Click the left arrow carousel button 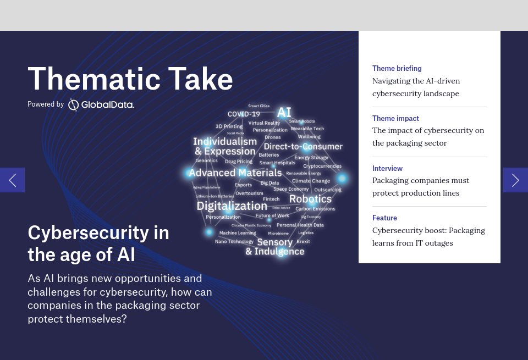[x=12, y=180]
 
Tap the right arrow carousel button [x=515, y=180]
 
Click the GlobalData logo [x=101, y=104]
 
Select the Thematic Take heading [x=130, y=79]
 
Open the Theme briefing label [x=397, y=69]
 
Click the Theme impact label [x=395, y=118]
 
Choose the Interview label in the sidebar [x=387, y=168]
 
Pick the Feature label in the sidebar [x=384, y=218]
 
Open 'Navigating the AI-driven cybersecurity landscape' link [x=416, y=87]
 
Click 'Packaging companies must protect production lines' [x=421, y=187]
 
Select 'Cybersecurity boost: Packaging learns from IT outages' [x=428, y=237]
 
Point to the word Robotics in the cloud [x=310, y=199]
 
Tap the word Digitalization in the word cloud [x=232, y=206]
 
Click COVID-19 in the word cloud [x=244, y=114]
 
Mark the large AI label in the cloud [x=284, y=113]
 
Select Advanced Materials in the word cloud [x=235, y=173]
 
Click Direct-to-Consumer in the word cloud [x=303, y=147]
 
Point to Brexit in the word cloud [x=303, y=241]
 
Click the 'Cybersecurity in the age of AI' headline [x=98, y=243]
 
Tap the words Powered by [x=46, y=104]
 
